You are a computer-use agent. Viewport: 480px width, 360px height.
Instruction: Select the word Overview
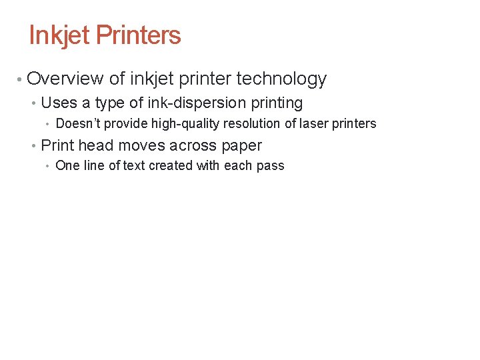(65, 79)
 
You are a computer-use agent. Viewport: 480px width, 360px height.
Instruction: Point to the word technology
(281, 79)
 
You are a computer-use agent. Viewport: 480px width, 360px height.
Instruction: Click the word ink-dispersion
(185, 103)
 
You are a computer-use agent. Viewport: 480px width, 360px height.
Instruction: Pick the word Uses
(59, 103)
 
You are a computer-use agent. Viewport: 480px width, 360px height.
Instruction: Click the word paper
(240, 146)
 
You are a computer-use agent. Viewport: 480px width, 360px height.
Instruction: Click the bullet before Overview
(21, 79)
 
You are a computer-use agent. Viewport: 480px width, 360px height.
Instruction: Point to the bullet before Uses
(34, 104)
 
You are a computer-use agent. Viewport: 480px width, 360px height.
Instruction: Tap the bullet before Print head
(34, 146)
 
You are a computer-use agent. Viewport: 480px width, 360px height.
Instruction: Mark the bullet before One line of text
(48, 166)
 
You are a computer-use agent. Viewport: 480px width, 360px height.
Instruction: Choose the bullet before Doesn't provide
(48, 124)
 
